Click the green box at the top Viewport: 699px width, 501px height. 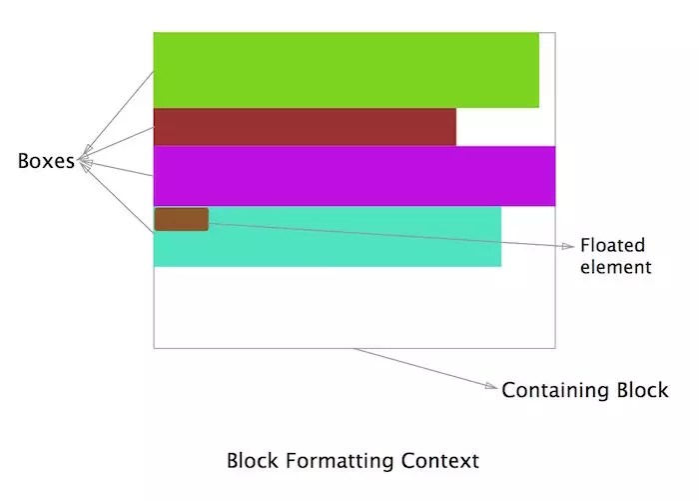coord(346,70)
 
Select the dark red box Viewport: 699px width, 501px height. coord(305,127)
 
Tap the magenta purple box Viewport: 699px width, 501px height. coord(353,176)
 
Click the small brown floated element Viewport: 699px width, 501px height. coord(181,219)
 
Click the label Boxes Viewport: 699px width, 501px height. coord(46,161)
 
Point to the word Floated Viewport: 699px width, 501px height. coord(613,246)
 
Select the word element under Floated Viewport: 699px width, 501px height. coord(615,267)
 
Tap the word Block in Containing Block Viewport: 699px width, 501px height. coord(640,390)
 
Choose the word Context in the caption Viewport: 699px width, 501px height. coord(440,461)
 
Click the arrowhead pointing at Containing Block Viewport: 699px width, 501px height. coord(492,386)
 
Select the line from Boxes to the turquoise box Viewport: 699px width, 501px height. coord(115,196)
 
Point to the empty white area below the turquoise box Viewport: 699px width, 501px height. coord(353,307)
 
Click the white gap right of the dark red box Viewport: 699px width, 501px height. coord(505,127)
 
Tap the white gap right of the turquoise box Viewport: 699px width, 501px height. coord(527,237)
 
